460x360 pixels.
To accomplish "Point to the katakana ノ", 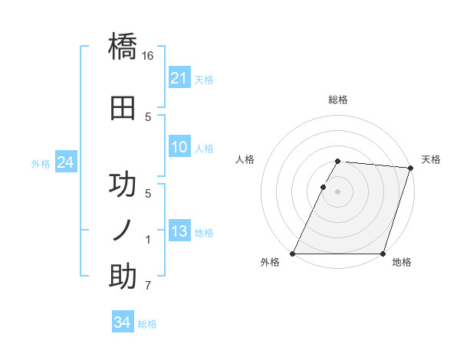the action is (x=123, y=229).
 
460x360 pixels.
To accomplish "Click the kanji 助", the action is (x=123, y=277).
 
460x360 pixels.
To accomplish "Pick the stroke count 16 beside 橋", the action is (x=148, y=56).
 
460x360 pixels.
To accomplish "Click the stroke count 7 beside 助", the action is (x=148, y=286).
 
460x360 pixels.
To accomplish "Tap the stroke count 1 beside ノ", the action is (x=148, y=240).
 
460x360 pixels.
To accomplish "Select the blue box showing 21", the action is (x=179, y=78).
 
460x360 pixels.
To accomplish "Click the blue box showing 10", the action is (x=179, y=148).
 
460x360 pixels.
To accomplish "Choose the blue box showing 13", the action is (x=179, y=232).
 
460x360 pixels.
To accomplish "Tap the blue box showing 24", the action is (x=65, y=162).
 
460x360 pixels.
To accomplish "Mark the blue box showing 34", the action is (x=122, y=323).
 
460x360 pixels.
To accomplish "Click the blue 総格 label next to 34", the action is (x=147, y=324).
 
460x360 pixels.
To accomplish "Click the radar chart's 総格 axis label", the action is (x=338, y=100).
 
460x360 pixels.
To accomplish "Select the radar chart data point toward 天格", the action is (x=410, y=169).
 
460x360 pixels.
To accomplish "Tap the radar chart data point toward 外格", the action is (x=293, y=254).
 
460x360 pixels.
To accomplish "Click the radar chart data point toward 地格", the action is (x=383, y=254).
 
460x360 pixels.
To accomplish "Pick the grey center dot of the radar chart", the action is (x=338, y=192).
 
